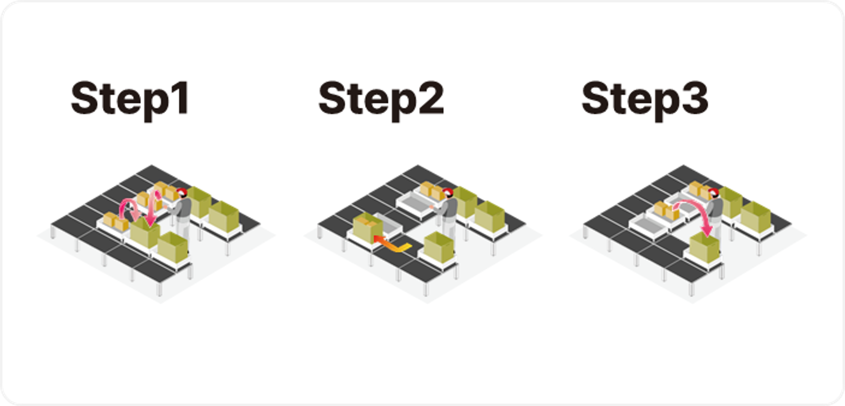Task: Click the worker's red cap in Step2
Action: coord(448,192)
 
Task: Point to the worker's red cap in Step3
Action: coord(714,192)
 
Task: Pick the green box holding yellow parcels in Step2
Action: coord(368,228)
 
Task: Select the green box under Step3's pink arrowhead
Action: coord(704,248)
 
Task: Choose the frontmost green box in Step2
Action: coord(439,248)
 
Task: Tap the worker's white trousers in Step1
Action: coord(183,230)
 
